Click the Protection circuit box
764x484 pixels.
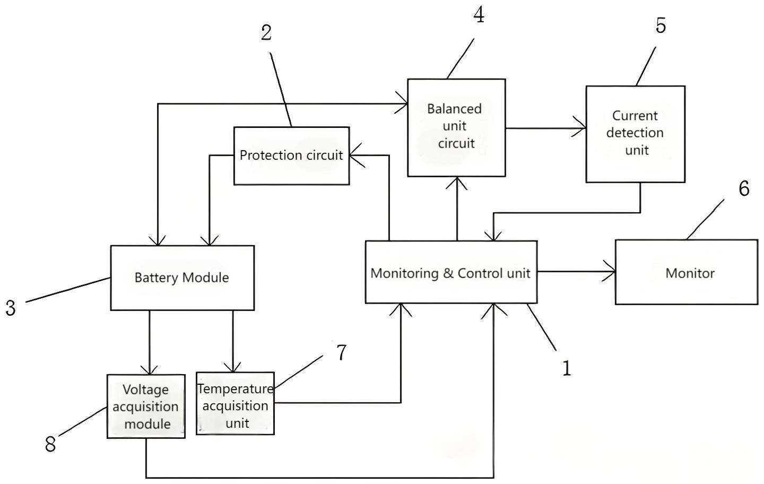(292, 156)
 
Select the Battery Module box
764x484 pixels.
(183, 278)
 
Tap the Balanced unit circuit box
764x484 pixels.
(456, 127)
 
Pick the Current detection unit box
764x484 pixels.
(636, 134)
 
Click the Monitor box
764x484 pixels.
(687, 272)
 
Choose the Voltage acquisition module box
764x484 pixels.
(146, 406)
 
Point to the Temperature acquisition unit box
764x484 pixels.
(236, 403)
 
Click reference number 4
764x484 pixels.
(479, 15)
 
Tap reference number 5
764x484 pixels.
(661, 25)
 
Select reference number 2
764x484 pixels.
(266, 33)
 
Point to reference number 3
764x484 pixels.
(11, 308)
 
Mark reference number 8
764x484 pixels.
(50, 444)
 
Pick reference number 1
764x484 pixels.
(567, 368)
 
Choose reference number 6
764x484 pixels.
(744, 188)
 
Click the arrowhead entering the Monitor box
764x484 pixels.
(610, 271)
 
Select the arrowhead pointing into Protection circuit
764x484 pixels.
(357, 155)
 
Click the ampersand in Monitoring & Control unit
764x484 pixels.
(448, 273)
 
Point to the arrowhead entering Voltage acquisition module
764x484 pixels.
(150, 370)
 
